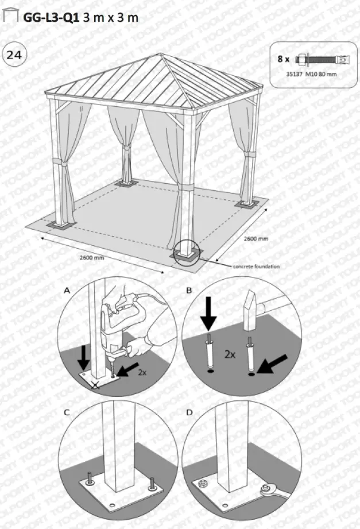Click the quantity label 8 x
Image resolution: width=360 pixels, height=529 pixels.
tap(284, 59)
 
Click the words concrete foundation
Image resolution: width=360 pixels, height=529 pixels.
tap(256, 267)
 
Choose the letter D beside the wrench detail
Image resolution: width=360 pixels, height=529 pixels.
tap(189, 412)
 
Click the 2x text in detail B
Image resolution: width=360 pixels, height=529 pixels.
tap(231, 354)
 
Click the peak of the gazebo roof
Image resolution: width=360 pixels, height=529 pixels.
tap(162, 55)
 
